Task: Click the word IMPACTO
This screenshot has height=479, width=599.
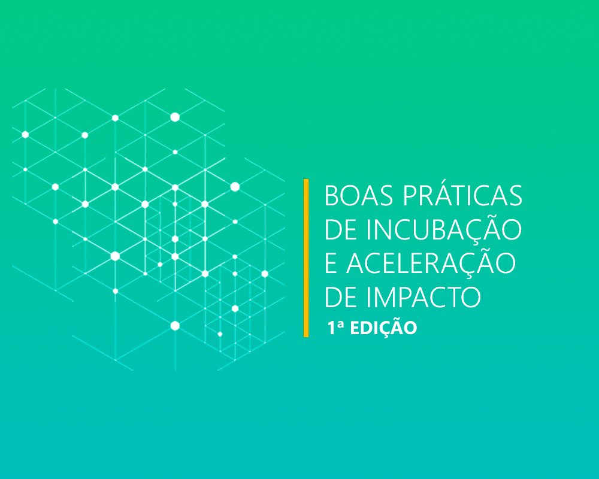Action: (423, 297)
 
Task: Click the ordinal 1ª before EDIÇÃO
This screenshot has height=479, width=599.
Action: (335, 328)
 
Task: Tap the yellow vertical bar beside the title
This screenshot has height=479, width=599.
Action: (306, 258)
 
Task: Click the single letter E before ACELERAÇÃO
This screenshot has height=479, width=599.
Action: (331, 263)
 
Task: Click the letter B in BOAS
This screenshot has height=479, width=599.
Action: (331, 196)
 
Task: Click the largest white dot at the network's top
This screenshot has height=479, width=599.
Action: (175, 117)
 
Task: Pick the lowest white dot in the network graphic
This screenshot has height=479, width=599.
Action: (220, 334)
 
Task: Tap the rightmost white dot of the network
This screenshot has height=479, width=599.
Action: (265, 274)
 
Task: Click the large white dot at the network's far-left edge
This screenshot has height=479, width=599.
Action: (25, 135)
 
